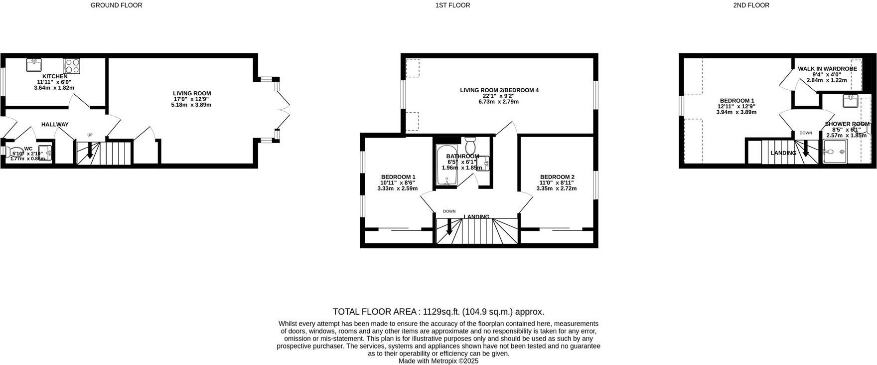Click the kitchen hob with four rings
(71, 66)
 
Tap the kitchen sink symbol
(34, 65)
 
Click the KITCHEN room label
(55, 76)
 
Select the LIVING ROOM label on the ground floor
(192, 93)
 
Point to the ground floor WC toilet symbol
(13, 152)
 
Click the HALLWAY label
(55, 124)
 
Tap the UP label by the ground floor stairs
(90, 135)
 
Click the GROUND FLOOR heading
(116, 5)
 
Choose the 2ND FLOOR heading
(751, 5)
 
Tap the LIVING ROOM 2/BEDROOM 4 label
(499, 90)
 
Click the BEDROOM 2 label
(557, 177)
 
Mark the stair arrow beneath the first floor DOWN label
(449, 227)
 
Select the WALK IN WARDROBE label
(827, 69)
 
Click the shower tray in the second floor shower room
(835, 152)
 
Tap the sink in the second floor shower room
(850, 101)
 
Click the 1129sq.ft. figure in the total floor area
(441, 312)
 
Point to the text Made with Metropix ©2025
(438, 361)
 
